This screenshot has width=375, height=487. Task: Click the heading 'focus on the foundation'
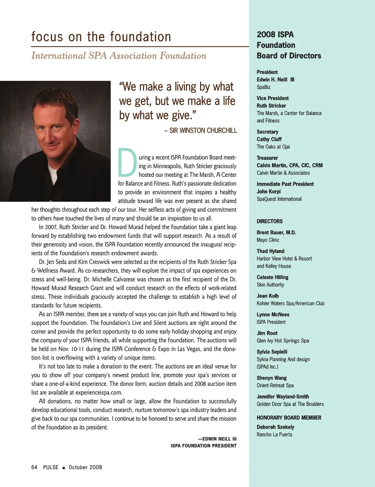(101, 37)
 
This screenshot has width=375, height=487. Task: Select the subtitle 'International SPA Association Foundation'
(119, 56)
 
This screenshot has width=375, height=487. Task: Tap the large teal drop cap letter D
(127, 162)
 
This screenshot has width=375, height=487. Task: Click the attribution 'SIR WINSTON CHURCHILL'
(203, 130)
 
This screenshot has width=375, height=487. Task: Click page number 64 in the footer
(34, 467)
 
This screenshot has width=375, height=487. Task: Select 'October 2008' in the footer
(85, 467)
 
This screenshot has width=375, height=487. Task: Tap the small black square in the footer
(64, 467)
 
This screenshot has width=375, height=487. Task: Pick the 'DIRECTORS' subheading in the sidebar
(270, 221)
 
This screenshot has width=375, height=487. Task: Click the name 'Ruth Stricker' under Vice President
(271, 106)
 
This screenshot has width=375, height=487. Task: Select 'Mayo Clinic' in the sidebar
(268, 240)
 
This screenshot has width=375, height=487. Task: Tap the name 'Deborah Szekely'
(275, 427)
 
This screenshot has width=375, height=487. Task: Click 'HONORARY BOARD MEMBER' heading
(289, 417)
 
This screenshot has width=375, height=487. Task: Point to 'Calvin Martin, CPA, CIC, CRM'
(289, 165)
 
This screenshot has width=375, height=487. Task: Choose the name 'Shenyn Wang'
(271, 378)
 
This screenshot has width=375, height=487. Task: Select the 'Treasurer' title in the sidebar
(267, 158)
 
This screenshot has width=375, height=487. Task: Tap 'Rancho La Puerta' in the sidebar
(274, 435)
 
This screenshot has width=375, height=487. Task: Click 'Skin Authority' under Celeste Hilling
(270, 285)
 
